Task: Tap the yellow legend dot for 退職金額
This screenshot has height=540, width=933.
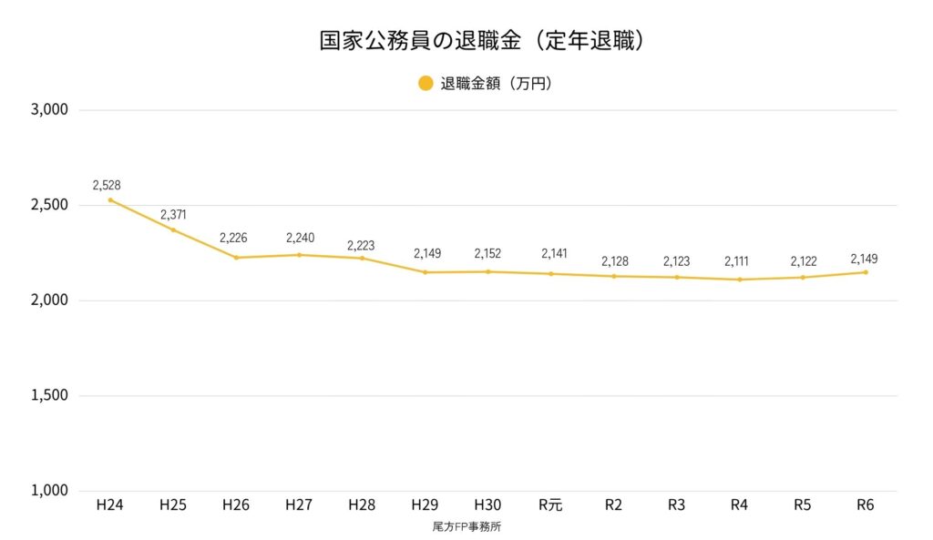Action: click(x=425, y=84)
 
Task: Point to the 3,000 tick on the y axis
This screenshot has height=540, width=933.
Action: click(x=50, y=110)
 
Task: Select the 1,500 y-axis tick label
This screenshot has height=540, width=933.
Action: click(x=50, y=395)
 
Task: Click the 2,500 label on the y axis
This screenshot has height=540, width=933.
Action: click(x=50, y=205)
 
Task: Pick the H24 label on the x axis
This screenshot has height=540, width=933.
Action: click(x=109, y=505)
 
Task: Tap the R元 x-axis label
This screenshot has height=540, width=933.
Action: click(x=550, y=505)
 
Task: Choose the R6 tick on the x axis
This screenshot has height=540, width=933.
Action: click(x=866, y=505)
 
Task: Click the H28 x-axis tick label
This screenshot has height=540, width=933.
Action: click(x=362, y=505)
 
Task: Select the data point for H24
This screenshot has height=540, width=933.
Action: click(x=110, y=200)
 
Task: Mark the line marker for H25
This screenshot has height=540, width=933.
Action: click(x=173, y=229)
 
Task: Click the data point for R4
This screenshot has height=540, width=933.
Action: click(x=740, y=280)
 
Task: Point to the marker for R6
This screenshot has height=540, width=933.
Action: click(x=866, y=272)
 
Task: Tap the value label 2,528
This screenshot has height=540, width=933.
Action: click(x=107, y=185)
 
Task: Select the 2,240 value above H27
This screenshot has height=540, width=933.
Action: click(x=300, y=239)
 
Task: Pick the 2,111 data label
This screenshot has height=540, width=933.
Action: click(x=738, y=262)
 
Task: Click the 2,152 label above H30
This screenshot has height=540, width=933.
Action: click(x=488, y=254)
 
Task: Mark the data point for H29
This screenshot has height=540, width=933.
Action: click(x=425, y=272)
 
